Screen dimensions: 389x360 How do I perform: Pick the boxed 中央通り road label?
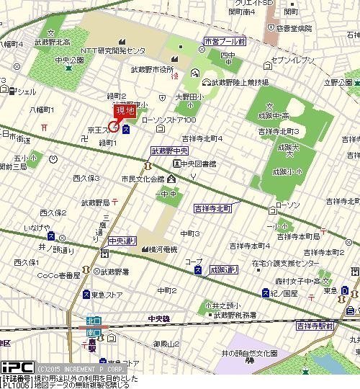[x=122, y=240]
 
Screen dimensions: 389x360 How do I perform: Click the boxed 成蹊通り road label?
[x=224, y=269]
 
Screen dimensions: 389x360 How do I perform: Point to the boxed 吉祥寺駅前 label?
[x=314, y=326]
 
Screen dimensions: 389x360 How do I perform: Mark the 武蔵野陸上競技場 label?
[x=238, y=83]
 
